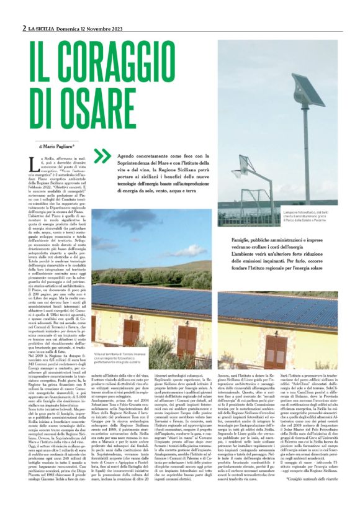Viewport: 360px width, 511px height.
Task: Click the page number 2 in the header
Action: [x=24, y=28]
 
